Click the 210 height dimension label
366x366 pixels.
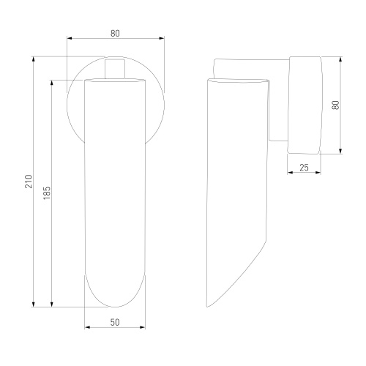click(29, 182)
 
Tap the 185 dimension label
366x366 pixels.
click(47, 193)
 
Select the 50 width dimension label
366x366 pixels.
click(115, 322)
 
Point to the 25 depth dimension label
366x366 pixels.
click(304, 168)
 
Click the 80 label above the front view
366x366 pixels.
click(115, 33)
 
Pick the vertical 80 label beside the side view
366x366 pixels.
click(336, 105)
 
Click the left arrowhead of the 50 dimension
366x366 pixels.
click(88, 327)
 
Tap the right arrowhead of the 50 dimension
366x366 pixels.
click(142, 327)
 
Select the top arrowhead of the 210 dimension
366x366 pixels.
click(34, 60)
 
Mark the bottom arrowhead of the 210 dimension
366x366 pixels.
click(34, 304)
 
